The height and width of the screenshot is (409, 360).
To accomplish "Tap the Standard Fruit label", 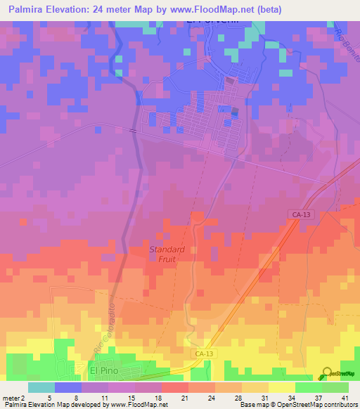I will tap(167, 254).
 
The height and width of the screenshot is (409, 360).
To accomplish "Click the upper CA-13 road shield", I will tap(299, 214).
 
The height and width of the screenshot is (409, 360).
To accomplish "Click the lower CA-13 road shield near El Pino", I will tap(202, 354).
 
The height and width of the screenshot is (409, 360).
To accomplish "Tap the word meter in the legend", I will tap(13, 397).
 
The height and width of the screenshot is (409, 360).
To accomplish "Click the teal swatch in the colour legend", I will tap(41, 387).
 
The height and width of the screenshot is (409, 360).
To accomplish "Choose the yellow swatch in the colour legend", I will tap(282, 387).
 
